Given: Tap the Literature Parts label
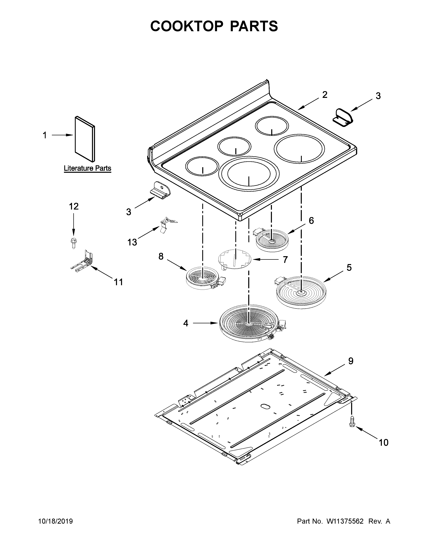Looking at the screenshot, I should click(x=87, y=168).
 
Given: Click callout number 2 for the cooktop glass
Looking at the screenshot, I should click(x=325, y=95).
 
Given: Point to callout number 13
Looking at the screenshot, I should click(x=132, y=242).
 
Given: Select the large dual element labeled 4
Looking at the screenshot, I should click(x=250, y=325).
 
